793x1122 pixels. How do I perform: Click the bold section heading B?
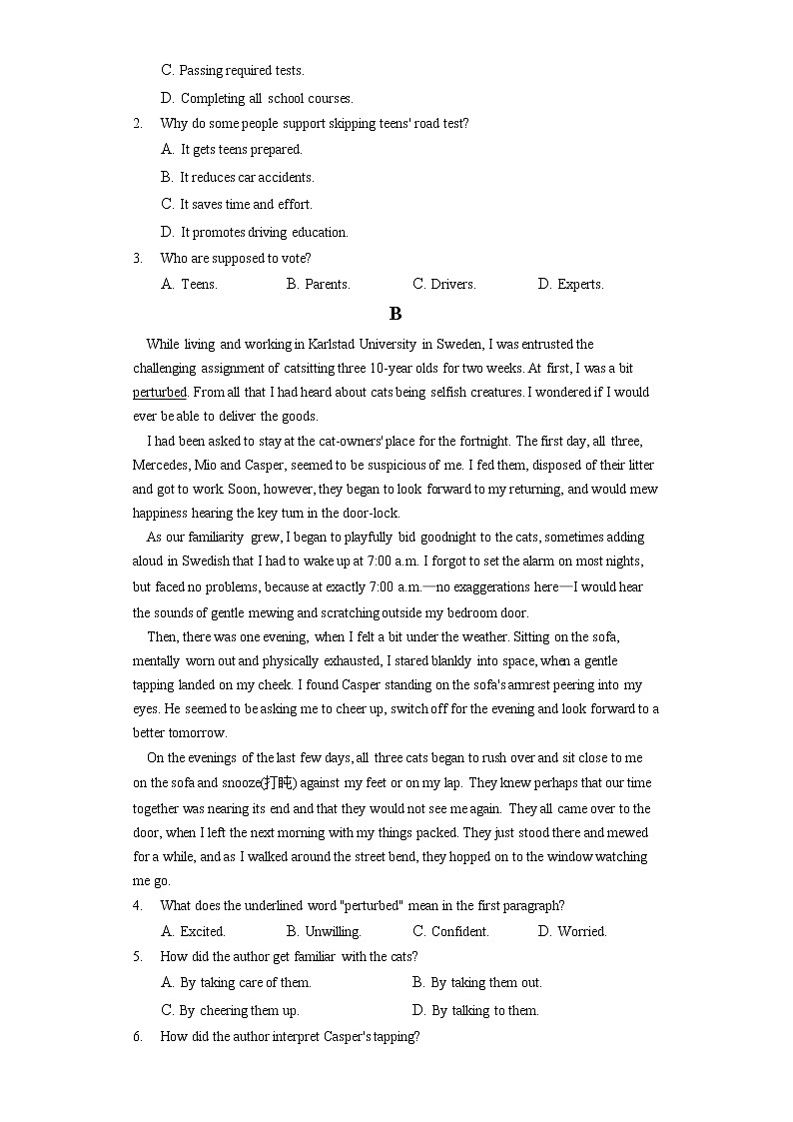(396, 314)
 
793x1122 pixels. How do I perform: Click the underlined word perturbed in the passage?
(160, 393)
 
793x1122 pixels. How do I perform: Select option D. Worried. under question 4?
(571, 931)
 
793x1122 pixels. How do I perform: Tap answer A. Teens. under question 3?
(189, 284)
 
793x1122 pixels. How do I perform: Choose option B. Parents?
(318, 284)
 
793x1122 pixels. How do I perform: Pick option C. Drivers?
(443, 284)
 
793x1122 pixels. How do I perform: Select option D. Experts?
(570, 284)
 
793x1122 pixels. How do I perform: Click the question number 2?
(138, 123)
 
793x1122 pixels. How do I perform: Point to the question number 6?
(138, 1037)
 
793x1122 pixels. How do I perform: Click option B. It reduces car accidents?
(237, 177)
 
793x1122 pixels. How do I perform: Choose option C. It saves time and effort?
(236, 204)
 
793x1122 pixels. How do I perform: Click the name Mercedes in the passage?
(160, 465)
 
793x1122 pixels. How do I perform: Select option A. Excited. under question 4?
(193, 931)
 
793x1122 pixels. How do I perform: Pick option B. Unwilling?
(324, 931)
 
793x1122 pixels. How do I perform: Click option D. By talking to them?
(474, 1010)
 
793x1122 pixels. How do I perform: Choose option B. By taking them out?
(476, 982)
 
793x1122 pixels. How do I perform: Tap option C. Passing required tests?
(232, 70)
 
